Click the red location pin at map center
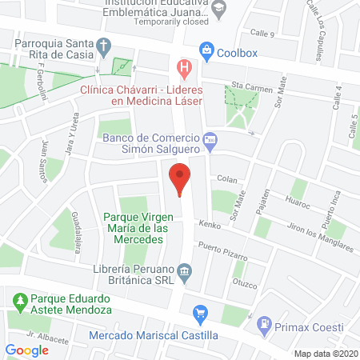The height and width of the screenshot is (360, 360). coord(180,178)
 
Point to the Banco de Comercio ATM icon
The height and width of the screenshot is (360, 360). coord(210,141)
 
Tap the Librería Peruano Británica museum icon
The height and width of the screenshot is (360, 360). coord(185,272)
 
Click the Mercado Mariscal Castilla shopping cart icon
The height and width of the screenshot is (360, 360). coord(201,312)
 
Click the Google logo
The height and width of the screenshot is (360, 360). coord(27,350)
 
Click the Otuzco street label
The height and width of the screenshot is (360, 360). coord(243,282)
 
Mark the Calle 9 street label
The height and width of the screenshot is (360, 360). coord(262,34)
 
